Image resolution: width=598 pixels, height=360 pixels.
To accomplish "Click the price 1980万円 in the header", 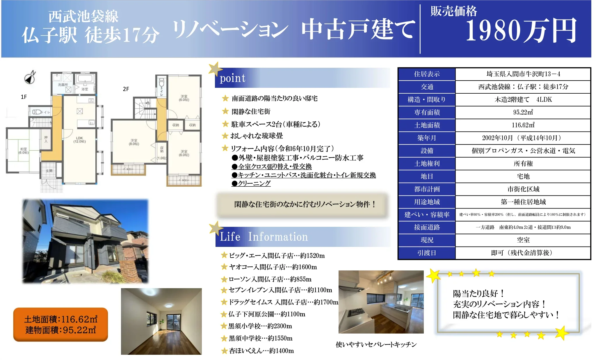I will [x=521, y=31].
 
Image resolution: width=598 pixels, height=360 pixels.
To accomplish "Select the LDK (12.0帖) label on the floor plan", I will [x=79, y=140].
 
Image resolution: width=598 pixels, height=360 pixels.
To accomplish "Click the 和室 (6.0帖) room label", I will [x=24, y=151].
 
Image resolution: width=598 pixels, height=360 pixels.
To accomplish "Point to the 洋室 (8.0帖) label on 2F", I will [x=134, y=142].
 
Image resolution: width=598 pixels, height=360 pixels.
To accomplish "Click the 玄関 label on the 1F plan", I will [x=49, y=171].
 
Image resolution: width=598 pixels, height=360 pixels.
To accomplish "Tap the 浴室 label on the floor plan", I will [x=85, y=89].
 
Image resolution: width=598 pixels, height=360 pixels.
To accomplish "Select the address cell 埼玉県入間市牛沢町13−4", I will [x=523, y=74].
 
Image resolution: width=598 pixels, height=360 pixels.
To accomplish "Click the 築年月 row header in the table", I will [x=427, y=138].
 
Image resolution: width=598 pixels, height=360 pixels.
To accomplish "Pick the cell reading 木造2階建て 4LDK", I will [x=523, y=100].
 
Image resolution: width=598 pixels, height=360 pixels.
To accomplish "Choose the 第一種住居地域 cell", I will [x=523, y=202].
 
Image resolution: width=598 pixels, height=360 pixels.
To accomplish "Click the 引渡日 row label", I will [x=427, y=253].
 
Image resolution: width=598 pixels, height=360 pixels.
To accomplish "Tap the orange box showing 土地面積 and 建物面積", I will [x=60, y=325].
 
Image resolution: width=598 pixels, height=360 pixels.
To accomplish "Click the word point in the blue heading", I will [x=232, y=78].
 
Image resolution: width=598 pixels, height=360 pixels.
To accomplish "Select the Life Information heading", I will [x=264, y=237].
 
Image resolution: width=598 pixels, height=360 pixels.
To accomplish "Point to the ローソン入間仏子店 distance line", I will [x=270, y=279].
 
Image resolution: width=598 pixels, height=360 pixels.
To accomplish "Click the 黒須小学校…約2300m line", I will [x=260, y=326].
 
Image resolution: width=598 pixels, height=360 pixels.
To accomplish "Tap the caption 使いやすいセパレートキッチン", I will [x=376, y=345].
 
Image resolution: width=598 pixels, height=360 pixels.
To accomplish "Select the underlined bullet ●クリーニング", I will [x=251, y=183].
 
